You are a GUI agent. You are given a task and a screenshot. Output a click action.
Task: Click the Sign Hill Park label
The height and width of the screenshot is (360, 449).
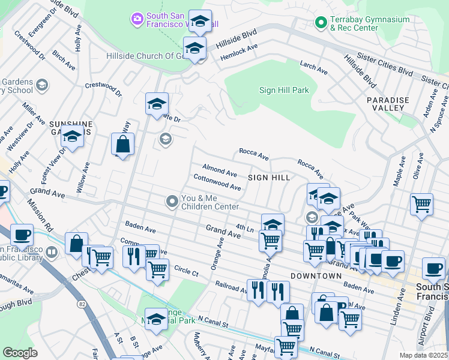[x=283, y=90]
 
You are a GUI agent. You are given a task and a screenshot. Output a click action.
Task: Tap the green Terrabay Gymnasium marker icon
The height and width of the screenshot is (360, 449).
[x=321, y=24]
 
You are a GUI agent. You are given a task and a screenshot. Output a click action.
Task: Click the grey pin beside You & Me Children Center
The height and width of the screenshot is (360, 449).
[x=173, y=202]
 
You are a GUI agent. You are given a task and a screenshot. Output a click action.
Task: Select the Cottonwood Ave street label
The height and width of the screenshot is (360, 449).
[x=217, y=183]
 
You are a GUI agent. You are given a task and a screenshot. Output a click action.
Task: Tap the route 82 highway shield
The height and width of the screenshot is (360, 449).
[x=80, y=305]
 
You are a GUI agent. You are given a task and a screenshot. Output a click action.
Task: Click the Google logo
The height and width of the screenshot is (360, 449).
[x=20, y=353]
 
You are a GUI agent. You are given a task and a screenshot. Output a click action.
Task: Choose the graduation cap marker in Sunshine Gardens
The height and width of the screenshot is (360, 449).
[x=72, y=137]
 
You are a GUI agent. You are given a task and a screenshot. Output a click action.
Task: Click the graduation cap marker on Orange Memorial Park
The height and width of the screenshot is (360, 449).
[x=156, y=317]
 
